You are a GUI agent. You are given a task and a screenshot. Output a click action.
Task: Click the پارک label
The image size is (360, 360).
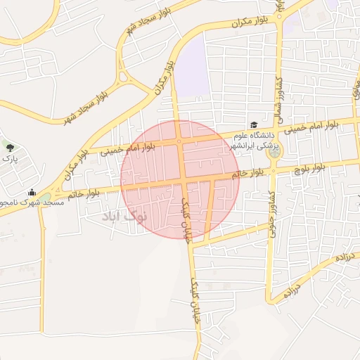(x=9, y=160)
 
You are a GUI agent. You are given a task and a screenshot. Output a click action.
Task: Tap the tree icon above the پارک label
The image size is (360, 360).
(x=10, y=148)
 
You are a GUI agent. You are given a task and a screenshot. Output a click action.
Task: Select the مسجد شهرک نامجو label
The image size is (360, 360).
(x=32, y=202)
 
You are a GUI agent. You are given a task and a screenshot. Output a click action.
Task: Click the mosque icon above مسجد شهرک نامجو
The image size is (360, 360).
(x=31, y=192)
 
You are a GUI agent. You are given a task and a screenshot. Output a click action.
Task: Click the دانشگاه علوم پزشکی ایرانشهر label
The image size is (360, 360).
(x=255, y=139)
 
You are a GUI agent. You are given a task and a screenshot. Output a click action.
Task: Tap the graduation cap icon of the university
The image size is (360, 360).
(x=253, y=124)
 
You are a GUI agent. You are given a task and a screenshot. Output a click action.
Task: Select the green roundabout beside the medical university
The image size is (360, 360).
(x=274, y=150)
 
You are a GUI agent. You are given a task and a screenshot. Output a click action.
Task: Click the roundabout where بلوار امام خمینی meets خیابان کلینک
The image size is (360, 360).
(x=180, y=141)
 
